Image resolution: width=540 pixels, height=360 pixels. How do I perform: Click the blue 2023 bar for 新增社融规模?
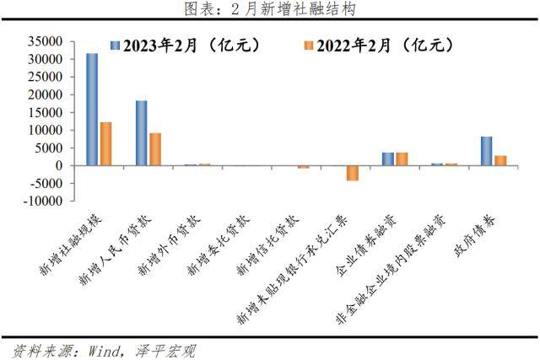[x=92, y=110]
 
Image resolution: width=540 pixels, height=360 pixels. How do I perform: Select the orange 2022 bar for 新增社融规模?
[x=105, y=144]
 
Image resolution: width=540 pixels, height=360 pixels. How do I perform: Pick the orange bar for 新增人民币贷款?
[x=155, y=149]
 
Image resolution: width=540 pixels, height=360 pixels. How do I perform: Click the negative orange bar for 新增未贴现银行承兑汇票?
[x=353, y=173]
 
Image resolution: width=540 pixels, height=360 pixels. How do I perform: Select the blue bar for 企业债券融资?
[x=388, y=159]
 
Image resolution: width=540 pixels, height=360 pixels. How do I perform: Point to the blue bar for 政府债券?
[x=487, y=151]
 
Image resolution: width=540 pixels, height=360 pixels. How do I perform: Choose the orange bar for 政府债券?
[x=500, y=160]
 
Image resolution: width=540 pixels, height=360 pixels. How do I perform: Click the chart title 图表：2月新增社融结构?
[x=270, y=9]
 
